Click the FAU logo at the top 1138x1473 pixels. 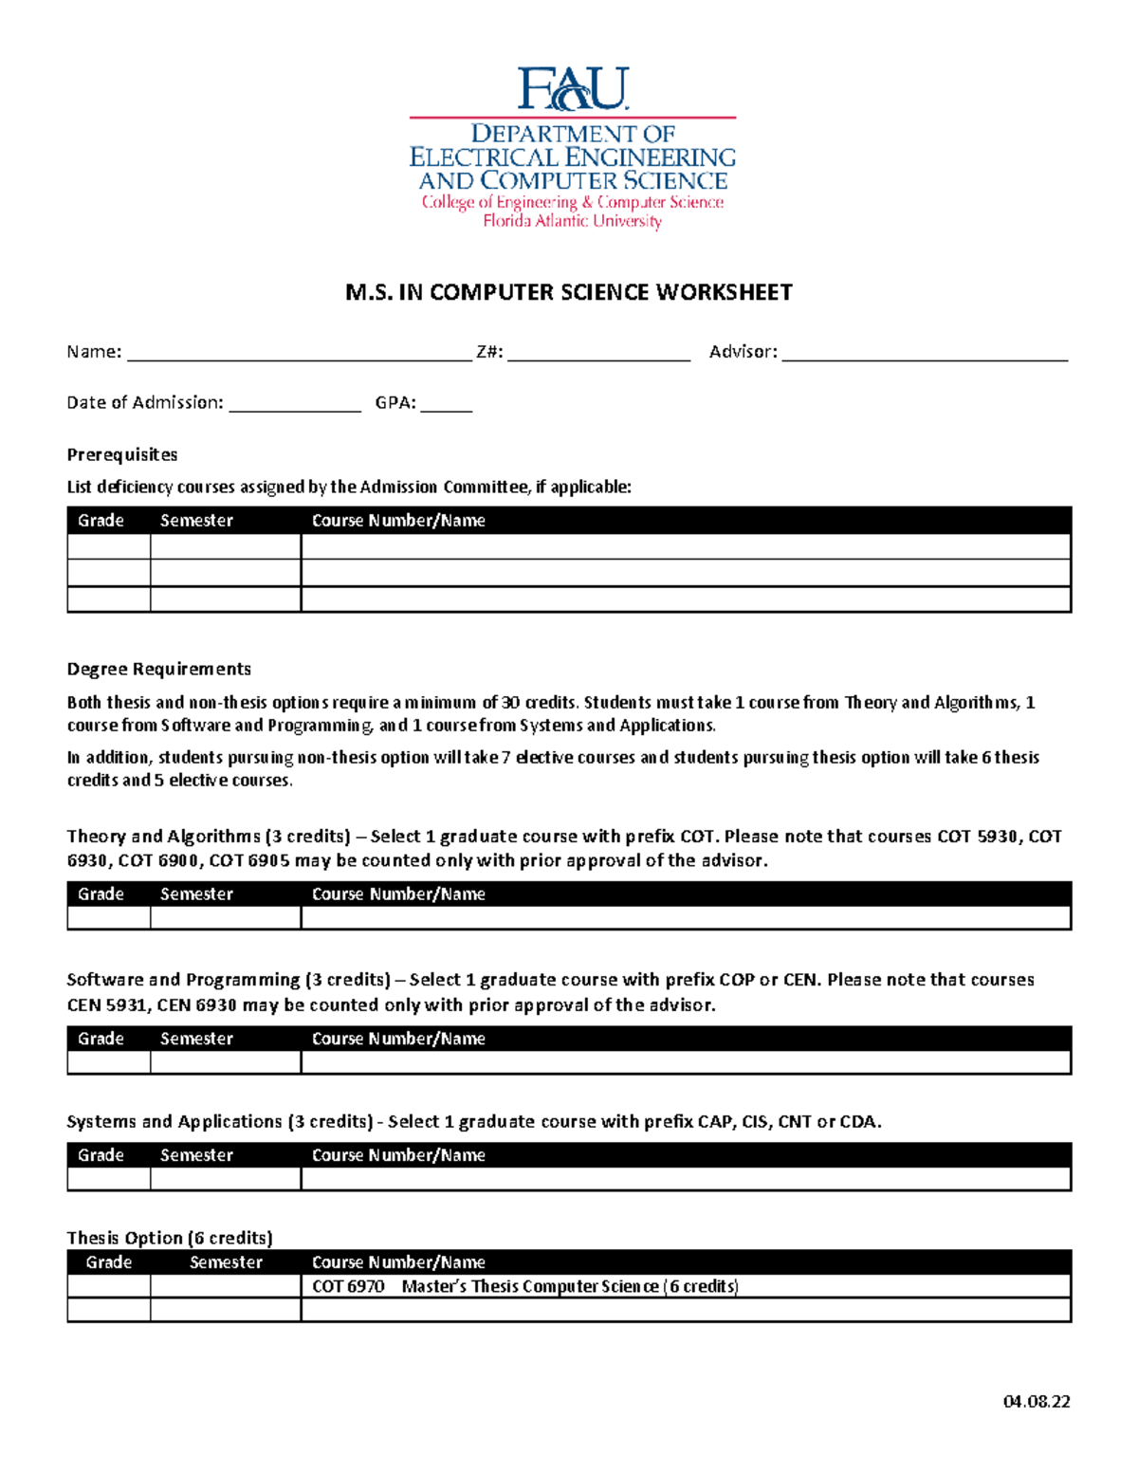point(572,89)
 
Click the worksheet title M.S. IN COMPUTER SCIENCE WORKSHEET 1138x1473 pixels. point(569,292)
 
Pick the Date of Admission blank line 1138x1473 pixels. point(295,405)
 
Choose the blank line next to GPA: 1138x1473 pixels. point(446,405)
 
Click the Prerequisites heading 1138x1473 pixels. point(122,454)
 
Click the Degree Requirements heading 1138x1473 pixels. point(158,669)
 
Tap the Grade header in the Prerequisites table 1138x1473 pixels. point(101,521)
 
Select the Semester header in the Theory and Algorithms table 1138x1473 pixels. point(196,894)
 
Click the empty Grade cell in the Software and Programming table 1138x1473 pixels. point(109,1062)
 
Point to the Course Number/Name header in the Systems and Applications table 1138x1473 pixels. point(398,1155)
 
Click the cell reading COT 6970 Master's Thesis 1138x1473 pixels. point(524,1286)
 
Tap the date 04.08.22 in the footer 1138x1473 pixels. point(1037,1402)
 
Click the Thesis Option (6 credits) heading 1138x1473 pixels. point(170,1238)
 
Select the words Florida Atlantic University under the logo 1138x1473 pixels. point(572,221)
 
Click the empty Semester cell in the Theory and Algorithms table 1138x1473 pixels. point(226,917)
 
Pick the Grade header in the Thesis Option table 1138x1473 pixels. point(109,1262)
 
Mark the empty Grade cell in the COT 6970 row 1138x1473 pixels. point(109,1286)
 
